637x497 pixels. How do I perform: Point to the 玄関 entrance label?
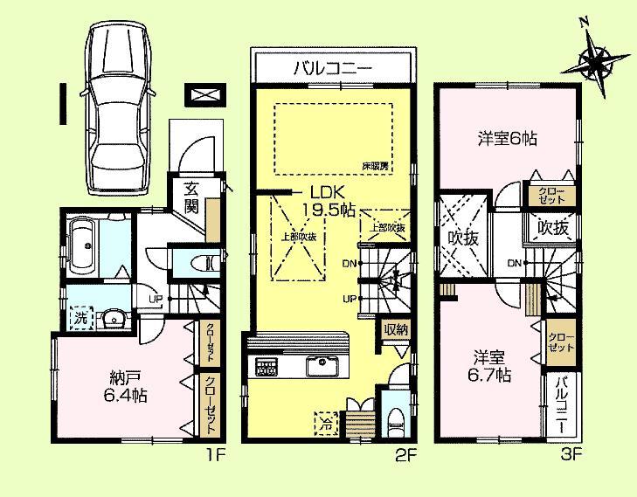tap(191, 200)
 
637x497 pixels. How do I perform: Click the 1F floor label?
tap(215, 453)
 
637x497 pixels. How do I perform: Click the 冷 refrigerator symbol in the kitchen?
tap(325, 420)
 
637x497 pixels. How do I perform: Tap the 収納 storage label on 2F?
tap(395, 329)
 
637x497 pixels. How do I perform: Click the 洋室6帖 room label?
tap(507, 138)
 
